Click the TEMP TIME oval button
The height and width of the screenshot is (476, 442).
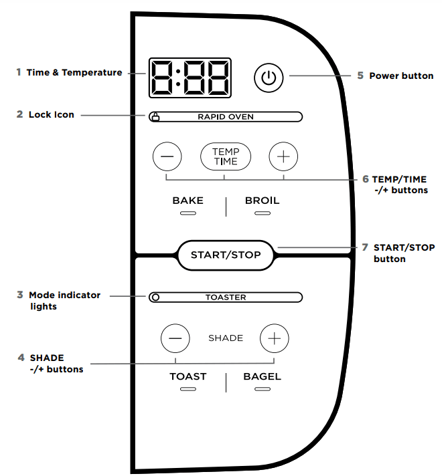[x=225, y=156]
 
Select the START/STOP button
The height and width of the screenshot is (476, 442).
[x=226, y=255]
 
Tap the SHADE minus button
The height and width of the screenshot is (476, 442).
[x=175, y=338]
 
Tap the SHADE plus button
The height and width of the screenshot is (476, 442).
[x=274, y=338]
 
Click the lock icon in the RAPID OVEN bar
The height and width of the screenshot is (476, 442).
[x=155, y=117]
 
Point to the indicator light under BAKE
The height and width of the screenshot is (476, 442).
[x=188, y=214]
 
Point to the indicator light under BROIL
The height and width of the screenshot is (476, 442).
[x=262, y=214]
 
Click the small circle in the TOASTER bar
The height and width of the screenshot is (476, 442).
[x=155, y=297]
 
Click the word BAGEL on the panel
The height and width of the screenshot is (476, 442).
[x=262, y=376]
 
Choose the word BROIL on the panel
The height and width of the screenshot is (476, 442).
[x=262, y=201]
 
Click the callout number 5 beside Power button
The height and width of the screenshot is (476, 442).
[x=360, y=76]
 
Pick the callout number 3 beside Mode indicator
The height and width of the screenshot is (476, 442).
[x=21, y=295]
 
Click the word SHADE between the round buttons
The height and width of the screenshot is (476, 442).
[x=226, y=338]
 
